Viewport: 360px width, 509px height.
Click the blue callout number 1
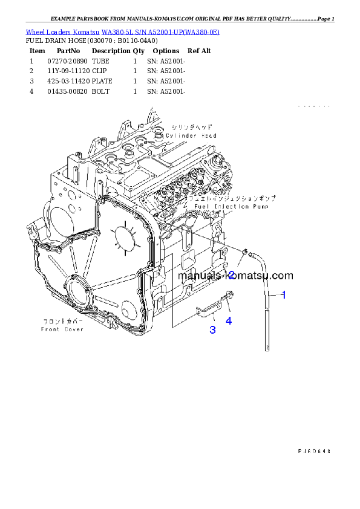pos(283,295)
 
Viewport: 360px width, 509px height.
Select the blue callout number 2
pos(231,275)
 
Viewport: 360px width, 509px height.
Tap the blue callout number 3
pos(212,329)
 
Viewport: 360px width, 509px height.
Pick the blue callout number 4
pos(229,321)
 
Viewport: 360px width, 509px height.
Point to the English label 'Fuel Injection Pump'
pos(221,206)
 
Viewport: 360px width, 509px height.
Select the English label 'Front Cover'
pos(62,329)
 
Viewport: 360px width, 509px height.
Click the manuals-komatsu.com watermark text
pos(235,276)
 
